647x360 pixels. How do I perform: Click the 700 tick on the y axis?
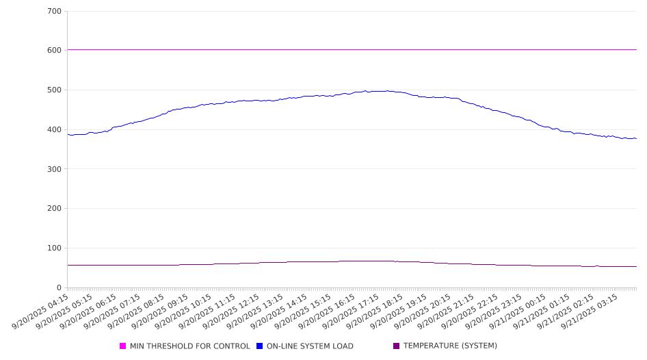[x=55, y=12]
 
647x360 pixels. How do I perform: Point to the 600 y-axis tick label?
[x=55, y=51]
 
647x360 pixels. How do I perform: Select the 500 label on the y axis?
[x=55, y=90]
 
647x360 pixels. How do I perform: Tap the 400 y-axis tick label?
[x=55, y=130]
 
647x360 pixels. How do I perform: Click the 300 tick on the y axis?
[x=55, y=169]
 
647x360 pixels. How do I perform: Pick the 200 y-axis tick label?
[x=55, y=209]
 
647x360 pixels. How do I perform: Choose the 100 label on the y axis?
[x=55, y=248]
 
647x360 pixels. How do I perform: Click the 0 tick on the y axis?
[x=60, y=288]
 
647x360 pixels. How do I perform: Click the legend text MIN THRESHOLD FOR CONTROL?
[x=189, y=346]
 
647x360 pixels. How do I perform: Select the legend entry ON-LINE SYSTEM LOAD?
[x=310, y=346]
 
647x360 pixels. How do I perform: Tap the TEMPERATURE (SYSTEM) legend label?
[x=450, y=346]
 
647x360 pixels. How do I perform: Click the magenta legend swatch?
[x=123, y=346]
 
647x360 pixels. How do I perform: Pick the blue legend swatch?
[x=260, y=346]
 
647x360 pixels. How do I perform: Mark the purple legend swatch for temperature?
[x=397, y=346]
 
